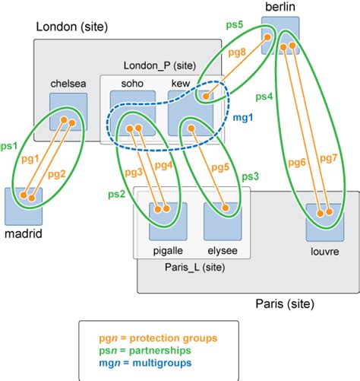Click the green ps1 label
pyautogui.click(x=10, y=144)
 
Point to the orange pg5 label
pyautogui.click(x=221, y=169)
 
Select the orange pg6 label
pyautogui.click(x=298, y=162)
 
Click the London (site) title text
pyautogui.click(x=72, y=27)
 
